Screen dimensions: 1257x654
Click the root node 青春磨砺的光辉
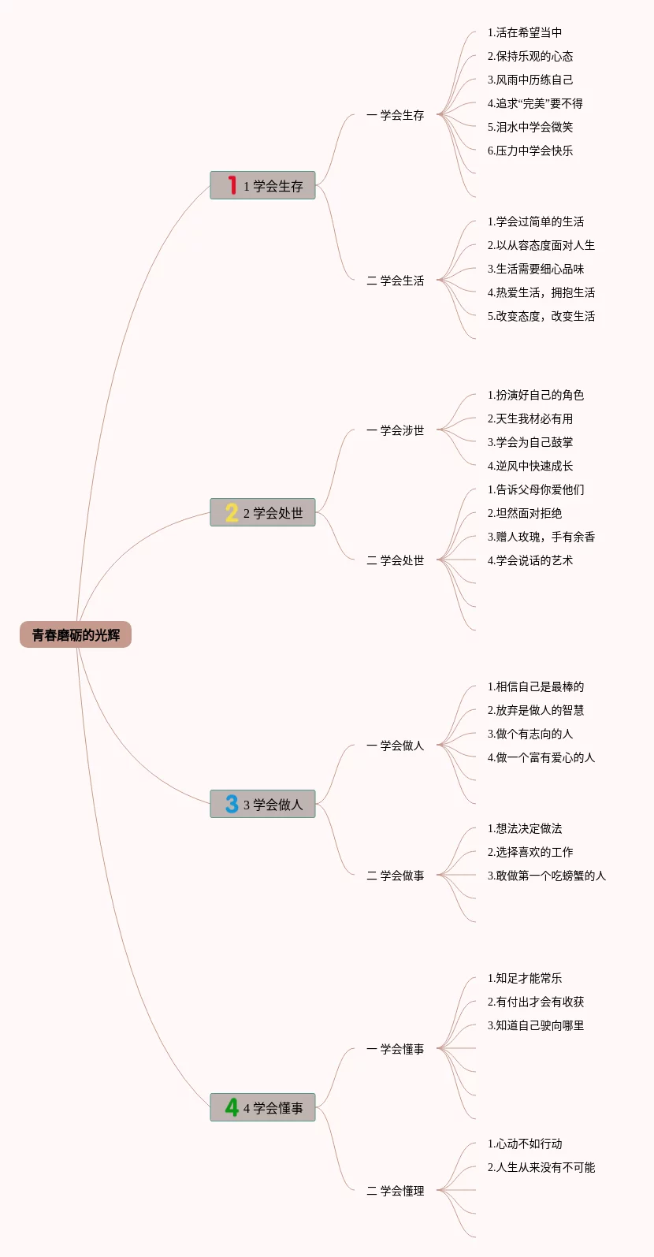[76, 635]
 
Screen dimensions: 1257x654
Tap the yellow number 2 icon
[232, 513]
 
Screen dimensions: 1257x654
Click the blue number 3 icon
[232, 804]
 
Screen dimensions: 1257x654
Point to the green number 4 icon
[232, 1107]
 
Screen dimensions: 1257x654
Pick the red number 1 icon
[232, 185]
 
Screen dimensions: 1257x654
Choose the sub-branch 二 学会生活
[396, 281]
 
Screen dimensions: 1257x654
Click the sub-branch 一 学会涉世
[396, 430]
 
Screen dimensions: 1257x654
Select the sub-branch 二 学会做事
[396, 876]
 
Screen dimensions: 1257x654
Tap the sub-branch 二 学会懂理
[396, 1191]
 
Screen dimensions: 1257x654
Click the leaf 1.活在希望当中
[525, 33]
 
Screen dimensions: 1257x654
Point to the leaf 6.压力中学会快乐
[530, 151]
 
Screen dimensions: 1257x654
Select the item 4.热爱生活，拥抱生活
[541, 293]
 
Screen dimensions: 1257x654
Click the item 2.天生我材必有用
[530, 419]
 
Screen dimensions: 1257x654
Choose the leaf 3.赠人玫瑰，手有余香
[541, 537]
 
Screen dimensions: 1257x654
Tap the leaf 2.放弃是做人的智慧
[536, 711]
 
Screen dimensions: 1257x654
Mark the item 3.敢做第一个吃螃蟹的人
[547, 876]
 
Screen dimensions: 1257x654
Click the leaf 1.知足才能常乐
[525, 979]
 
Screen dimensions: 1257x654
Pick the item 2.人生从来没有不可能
[541, 1168]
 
